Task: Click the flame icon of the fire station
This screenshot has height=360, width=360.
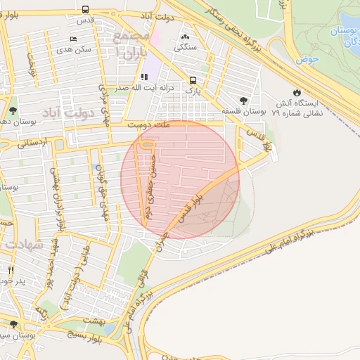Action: coord(297,92)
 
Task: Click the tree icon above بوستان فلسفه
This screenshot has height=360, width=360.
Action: coord(243,101)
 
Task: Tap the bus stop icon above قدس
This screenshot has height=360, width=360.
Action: coord(85,10)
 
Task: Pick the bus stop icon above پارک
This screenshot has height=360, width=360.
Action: coord(193,80)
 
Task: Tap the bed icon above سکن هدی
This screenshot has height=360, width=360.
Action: coord(75,39)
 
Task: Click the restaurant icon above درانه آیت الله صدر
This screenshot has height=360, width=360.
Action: coord(144,77)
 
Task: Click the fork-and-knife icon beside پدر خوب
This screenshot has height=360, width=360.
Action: coord(10,270)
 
